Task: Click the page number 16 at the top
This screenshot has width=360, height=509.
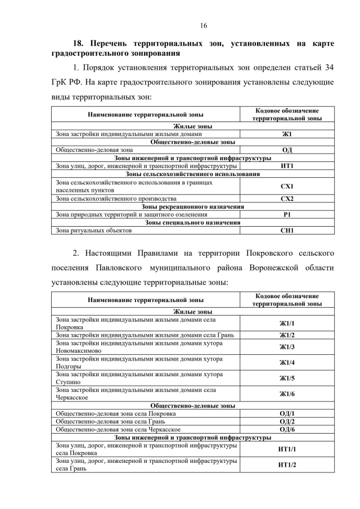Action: point(203,25)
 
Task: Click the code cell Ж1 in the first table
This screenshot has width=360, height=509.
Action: point(287,134)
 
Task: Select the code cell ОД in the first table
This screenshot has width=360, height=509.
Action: point(287,150)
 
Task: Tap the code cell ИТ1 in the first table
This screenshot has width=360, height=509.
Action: point(287,166)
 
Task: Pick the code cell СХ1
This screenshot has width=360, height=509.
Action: point(287,186)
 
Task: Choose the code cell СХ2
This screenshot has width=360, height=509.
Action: point(287,199)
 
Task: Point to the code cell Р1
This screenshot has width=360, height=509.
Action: point(287,214)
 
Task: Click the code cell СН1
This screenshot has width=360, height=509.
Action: point(287,230)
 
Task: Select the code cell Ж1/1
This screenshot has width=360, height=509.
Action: point(287,323)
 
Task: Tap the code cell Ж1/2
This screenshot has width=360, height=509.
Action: point(287,335)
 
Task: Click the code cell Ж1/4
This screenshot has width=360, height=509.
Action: point(287,363)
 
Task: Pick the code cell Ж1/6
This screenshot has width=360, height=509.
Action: point(287,394)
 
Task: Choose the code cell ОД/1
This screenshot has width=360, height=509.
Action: point(287,413)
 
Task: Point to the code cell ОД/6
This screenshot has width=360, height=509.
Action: point(287,429)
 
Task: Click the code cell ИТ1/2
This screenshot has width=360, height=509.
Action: point(287,465)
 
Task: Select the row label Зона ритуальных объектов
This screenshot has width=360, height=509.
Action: point(93,230)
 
